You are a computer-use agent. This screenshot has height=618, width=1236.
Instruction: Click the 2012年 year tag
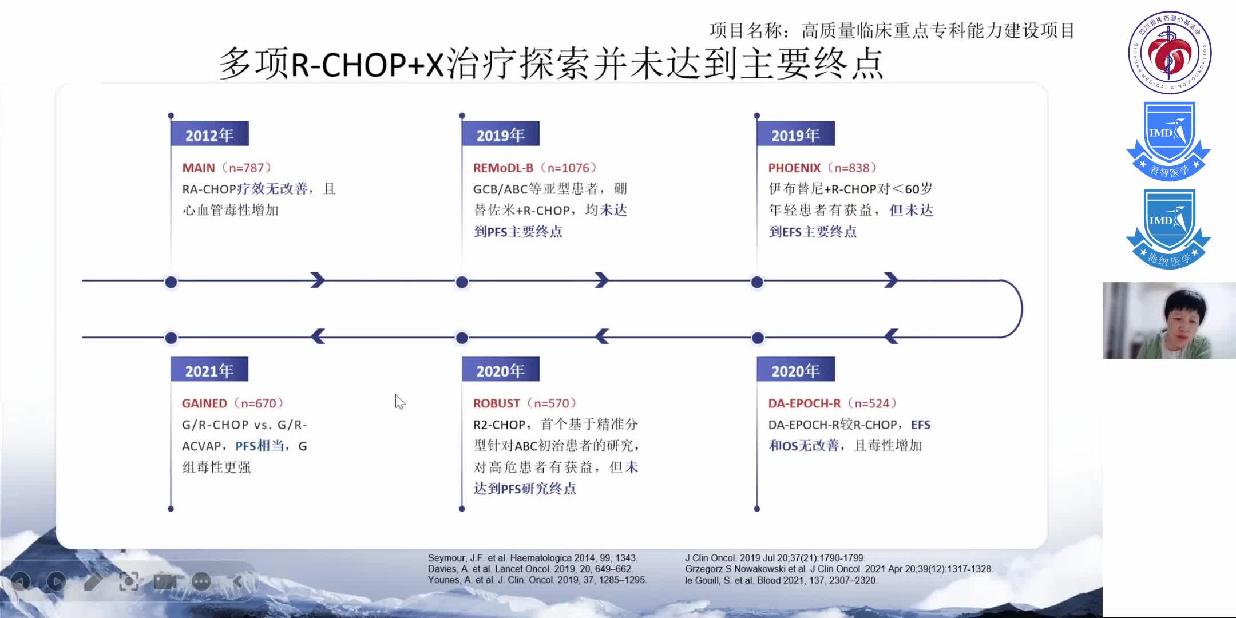[x=209, y=135]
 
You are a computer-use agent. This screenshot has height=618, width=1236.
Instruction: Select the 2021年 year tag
[x=209, y=371]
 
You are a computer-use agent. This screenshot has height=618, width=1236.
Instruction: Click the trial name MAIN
[x=199, y=168]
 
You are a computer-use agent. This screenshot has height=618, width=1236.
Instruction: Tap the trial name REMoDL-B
[x=503, y=168]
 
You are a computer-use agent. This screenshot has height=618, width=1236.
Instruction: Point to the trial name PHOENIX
[x=794, y=168]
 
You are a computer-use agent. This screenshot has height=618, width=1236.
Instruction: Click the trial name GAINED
[x=204, y=403]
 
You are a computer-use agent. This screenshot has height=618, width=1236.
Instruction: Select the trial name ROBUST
[x=496, y=403]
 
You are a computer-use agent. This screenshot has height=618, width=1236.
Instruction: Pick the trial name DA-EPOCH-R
[x=804, y=403]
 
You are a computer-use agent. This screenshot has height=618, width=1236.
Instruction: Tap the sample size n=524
[x=871, y=403]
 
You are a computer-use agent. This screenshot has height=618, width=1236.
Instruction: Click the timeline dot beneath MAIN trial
[x=171, y=282]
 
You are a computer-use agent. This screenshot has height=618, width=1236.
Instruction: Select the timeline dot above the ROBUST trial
[x=462, y=338]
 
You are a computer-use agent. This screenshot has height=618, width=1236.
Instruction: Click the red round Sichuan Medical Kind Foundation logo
[x=1170, y=53]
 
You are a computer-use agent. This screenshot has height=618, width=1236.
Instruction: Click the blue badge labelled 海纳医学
[x=1168, y=229]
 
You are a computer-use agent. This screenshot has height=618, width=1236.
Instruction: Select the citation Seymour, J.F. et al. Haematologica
[x=532, y=558]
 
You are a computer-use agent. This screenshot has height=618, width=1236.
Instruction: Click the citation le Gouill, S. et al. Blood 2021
[x=781, y=580]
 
